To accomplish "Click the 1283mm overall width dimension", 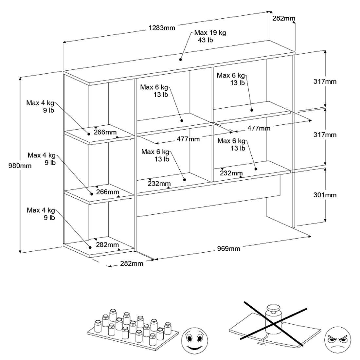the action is click(162, 28).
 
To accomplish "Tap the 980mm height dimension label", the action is click(20, 166).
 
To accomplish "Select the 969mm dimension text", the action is click(229, 249).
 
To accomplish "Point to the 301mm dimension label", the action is click(325, 195).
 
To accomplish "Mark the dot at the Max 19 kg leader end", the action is click(181, 60).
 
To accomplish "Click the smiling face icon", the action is click(195, 341).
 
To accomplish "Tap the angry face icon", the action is click(337, 340).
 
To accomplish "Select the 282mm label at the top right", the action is click(284, 18).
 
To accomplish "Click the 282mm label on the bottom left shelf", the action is click(107, 245).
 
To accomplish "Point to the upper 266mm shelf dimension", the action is click(105, 132).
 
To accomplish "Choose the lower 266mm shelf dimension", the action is click(107, 192).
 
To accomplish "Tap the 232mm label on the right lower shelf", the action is click(231, 173).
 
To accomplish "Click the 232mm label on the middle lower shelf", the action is click(159, 184).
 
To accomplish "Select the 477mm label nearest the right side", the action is click(259, 128).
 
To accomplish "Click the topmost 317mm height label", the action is click(325, 81).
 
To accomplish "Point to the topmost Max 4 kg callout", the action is click(40, 107).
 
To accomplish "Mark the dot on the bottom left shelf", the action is click(90, 247).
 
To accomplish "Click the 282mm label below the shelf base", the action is click(132, 263).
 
